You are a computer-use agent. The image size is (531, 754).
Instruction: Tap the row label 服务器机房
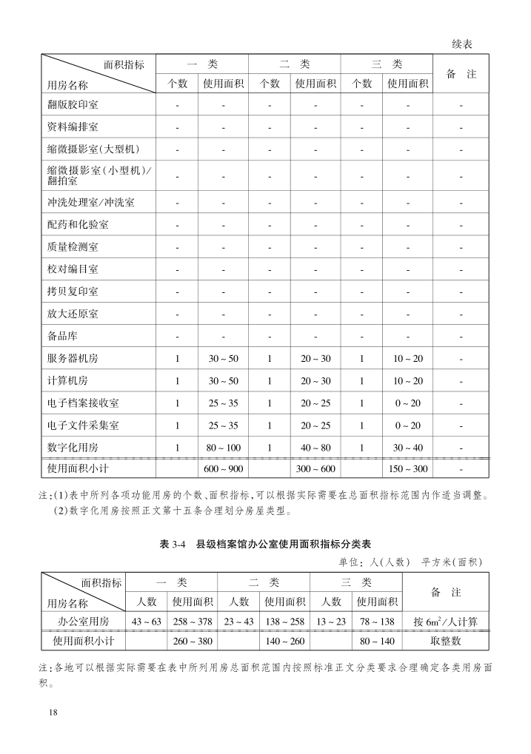pyautogui.click(x=73, y=359)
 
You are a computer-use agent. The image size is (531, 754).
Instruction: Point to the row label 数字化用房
pyautogui.click(x=73, y=448)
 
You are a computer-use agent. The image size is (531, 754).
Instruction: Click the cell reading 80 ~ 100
pyautogui.click(x=224, y=448)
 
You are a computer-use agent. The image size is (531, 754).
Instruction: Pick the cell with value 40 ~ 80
pyautogui.click(x=315, y=448)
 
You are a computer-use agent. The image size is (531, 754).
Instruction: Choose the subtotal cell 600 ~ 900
pyautogui.click(x=224, y=470)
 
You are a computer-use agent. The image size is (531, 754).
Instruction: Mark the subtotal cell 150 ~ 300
pyautogui.click(x=408, y=470)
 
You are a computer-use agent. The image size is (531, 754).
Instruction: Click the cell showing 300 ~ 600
pyautogui.click(x=315, y=470)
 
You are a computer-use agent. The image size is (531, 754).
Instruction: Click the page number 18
pyautogui.click(x=53, y=712)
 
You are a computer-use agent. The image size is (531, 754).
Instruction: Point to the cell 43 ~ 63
pyautogui.click(x=146, y=621)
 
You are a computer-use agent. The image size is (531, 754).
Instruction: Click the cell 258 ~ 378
pyautogui.click(x=193, y=621)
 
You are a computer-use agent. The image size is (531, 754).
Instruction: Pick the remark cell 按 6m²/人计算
pyautogui.click(x=445, y=621)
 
